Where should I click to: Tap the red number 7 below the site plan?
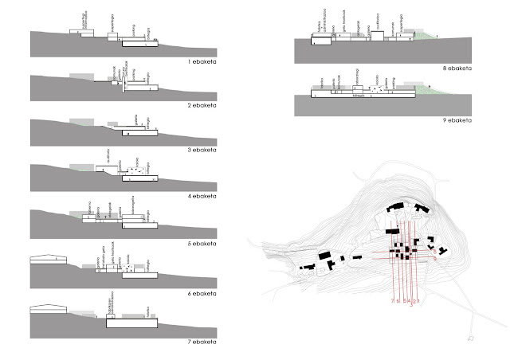[393, 302]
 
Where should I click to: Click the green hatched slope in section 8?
[426, 36]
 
